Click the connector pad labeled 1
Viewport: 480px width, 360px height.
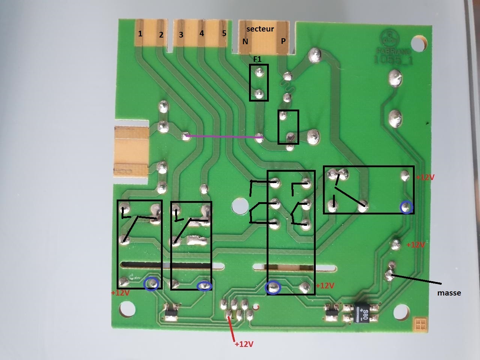tap(140, 34)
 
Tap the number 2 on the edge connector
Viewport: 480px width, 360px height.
tap(161, 35)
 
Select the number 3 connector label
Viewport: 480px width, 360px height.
tap(181, 35)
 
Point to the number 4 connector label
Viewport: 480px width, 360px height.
tap(202, 33)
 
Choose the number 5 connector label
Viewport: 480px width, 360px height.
tap(224, 33)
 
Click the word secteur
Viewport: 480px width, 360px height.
tap(260, 29)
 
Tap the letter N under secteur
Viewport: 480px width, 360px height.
tap(245, 41)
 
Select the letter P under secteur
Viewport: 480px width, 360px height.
tap(283, 41)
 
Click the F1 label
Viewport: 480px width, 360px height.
tap(257, 59)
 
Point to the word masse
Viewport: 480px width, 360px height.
tap(449, 293)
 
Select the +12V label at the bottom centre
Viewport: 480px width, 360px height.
tap(244, 344)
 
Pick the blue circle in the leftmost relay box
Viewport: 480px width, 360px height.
tap(151, 284)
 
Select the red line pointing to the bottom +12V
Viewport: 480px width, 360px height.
tap(232, 328)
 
